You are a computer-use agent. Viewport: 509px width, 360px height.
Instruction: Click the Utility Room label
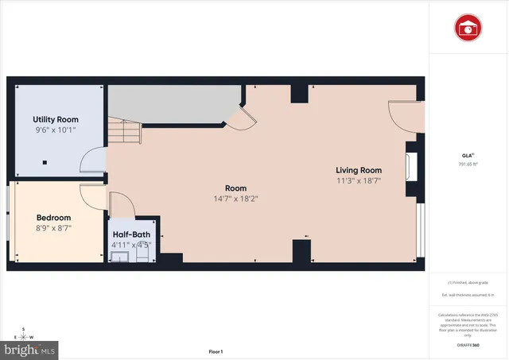tap(55, 119)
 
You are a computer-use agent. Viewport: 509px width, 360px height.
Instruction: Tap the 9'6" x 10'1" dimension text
tap(55, 130)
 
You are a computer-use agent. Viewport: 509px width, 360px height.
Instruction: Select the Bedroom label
tap(54, 217)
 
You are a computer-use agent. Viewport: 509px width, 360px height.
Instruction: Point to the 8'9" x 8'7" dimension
tap(54, 227)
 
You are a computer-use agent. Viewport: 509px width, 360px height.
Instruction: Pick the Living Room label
tap(358, 170)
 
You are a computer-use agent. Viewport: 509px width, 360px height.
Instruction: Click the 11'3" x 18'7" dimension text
tap(358, 181)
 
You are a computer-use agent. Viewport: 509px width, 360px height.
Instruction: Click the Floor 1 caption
tap(216, 351)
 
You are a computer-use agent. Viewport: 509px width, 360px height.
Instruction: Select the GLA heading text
tap(466, 154)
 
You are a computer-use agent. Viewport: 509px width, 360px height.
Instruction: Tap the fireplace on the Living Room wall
tap(411, 168)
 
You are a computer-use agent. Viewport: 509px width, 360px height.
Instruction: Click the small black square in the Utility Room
tap(45, 162)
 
